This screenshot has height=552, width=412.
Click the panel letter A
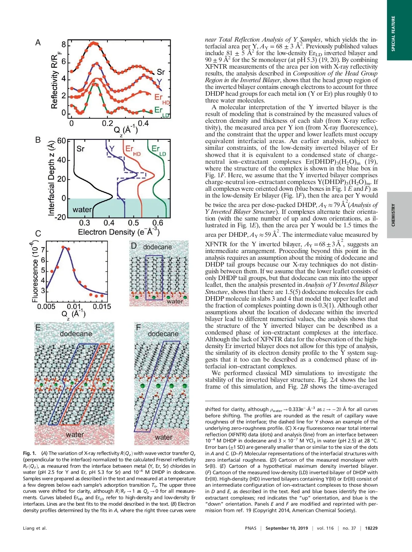pyautogui.click(x=38, y=43)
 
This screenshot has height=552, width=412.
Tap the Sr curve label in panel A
pyautogui.click(x=161, y=72)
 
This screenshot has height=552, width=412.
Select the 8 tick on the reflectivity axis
pyautogui.click(x=64, y=45)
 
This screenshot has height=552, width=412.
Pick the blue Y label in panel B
pyautogui.click(x=112, y=148)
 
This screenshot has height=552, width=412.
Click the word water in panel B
pyautogui.click(x=82, y=210)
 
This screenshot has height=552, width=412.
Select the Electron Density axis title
pyautogui.click(x=119, y=232)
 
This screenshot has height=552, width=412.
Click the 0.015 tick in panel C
pyautogui.click(x=102, y=306)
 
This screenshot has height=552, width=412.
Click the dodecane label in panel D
pyautogui.click(x=157, y=247)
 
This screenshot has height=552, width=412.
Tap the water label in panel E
pyautogui.click(x=75, y=435)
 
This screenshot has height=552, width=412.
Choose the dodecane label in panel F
pyautogui.click(x=163, y=334)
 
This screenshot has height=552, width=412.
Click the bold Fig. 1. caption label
pyautogui.click(x=29, y=453)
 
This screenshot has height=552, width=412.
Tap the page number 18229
pyautogui.click(x=371, y=528)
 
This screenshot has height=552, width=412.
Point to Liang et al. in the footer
pyautogui.click(x=35, y=528)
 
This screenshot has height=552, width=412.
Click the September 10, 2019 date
pyautogui.click(x=287, y=528)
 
